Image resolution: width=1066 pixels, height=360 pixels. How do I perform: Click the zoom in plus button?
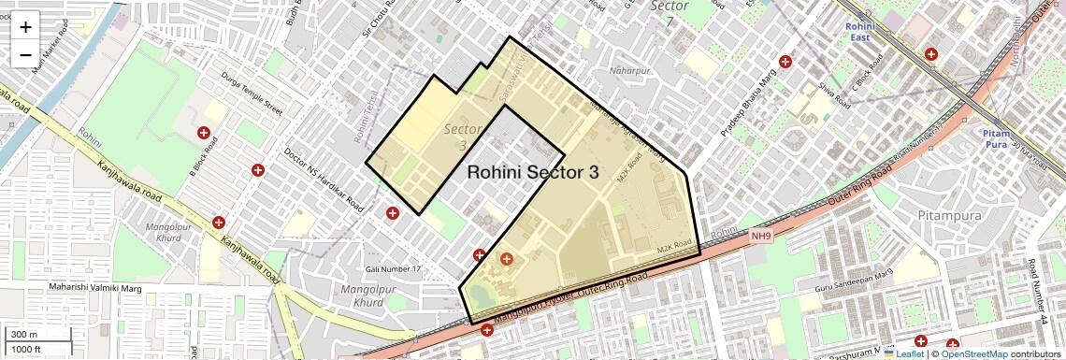25,27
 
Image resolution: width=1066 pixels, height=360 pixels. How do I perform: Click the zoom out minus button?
25,55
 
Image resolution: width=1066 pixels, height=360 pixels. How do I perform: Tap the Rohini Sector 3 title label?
532,172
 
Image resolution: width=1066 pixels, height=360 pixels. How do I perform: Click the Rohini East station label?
859,33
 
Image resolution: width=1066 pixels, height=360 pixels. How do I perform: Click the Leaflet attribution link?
903,353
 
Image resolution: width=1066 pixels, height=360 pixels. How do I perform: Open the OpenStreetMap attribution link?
974,353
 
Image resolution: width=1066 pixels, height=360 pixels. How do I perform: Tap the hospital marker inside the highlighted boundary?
507,259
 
